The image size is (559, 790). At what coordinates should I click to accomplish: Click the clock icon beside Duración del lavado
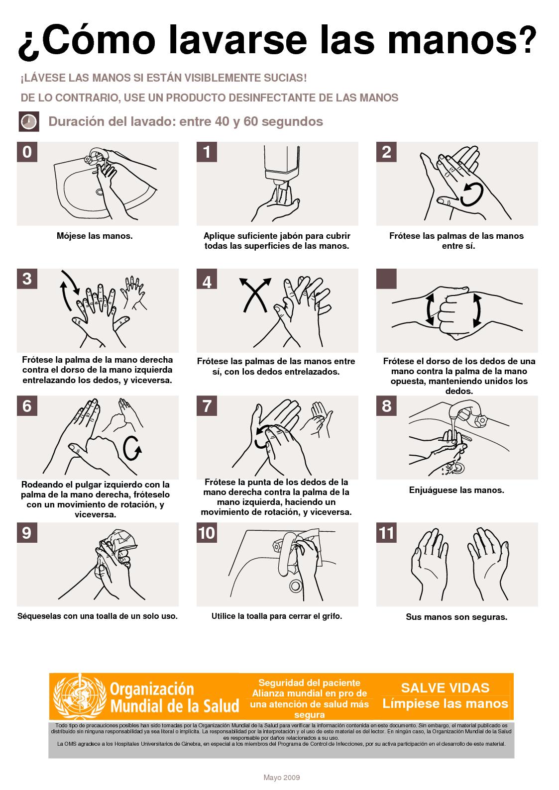[x=29, y=122]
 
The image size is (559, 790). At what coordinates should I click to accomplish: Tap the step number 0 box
[x=27, y=152]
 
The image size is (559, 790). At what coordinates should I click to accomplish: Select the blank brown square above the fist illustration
[x=386, y=279]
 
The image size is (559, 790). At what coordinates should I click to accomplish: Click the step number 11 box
[x=386, y=533]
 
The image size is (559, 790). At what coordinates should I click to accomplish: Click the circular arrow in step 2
[x=471, y=195]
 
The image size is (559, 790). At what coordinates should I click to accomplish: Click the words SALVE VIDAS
[x=445, y=688]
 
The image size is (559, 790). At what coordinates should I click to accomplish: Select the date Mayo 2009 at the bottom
[x=281, y=778]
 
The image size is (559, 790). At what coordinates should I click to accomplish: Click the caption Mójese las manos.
[x=95, y=236]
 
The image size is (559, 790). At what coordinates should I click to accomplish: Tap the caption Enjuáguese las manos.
[x=456, y=490]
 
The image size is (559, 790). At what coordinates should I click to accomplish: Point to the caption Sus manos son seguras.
[x=456, y=617]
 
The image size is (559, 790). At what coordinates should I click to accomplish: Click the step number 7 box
[x=207, y=406]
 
